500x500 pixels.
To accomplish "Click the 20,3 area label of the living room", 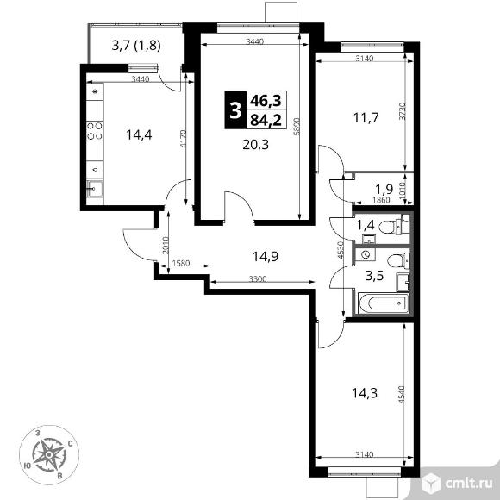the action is pyautogui.click(x=256, y=145).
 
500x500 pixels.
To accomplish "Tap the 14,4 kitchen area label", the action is pyautogui.click(x=139, y=134).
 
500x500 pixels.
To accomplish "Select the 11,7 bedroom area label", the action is pyautogui.click(x=366, y=118).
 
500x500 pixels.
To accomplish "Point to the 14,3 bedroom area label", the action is pyautogui.click(x=365, y=393).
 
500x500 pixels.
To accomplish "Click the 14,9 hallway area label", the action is pyautogui.click(x=266, y=256).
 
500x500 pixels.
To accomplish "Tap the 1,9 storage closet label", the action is pyautogui.click(x=384, y=190).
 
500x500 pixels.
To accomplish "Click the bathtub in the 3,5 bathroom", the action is pyautogui.click(x=384, y=303).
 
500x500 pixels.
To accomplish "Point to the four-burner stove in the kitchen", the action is pyautogui.click(x=95, y=131).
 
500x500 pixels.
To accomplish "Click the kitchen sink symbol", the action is pyautogui.click(x=95, y=189).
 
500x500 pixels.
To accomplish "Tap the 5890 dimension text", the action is pyautogui.click(x=297, y=127).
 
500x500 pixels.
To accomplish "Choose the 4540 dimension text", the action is pyautogui.click(x=401, y=395).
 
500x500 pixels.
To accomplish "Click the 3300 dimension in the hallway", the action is pyautogui.click(x=258, y=279).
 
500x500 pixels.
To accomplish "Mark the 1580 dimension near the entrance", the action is pyautogui.click(x=181, y=263).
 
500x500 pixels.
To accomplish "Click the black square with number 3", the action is pyautogui.click(x=235, y=110).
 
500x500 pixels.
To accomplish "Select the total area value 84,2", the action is pyautogui.click(x=266, y=120).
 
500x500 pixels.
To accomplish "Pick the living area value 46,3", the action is pyautogui.click(x=266, y=101).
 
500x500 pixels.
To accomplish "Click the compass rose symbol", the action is pyautogui.click(x=49, y=455).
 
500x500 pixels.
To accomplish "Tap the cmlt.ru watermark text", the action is pyautogui.click(x=468, y=484).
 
